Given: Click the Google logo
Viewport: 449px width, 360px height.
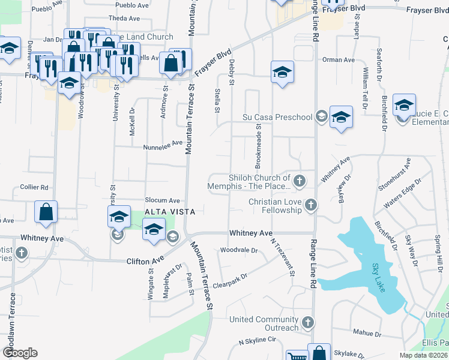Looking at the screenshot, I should (20, 352).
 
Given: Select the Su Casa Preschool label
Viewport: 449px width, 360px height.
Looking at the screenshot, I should (277, 117).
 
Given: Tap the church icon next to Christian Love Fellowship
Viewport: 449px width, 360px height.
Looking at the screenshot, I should (310, 205).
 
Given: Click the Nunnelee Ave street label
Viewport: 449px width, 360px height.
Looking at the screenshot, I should (163, 145).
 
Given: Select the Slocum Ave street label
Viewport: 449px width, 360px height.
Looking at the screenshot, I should (162, 200).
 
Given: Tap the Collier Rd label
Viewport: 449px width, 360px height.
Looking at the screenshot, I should (34, 187).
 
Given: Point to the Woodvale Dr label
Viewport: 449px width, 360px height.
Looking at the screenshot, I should (239, 250).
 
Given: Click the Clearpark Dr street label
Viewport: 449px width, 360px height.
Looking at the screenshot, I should (231, 280).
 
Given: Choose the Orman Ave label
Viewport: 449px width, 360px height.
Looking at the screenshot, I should (339, 60).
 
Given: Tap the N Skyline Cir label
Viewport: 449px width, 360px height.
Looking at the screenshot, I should (257, 340).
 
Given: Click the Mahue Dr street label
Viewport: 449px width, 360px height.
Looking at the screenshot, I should (367, 333).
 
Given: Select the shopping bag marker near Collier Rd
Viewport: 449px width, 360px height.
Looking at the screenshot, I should (46, 212).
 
